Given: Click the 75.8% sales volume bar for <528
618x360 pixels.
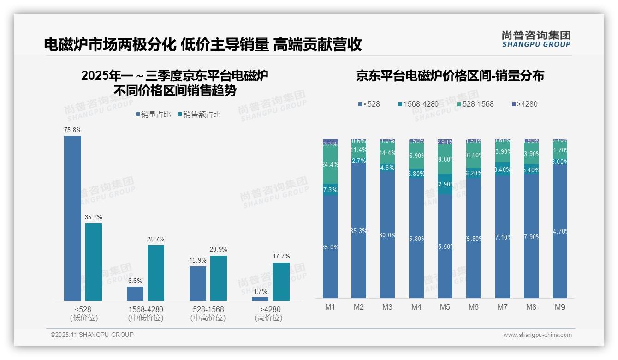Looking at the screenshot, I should click(x=72, y=218).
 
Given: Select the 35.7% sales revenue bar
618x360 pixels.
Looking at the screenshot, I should click(x=93, y=262).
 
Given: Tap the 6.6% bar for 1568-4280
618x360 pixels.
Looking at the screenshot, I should click(x=135, y=294).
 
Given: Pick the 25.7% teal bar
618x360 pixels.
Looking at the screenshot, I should click(x=156, y=273).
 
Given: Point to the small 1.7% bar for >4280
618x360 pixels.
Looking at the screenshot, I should click(x=260, y=299).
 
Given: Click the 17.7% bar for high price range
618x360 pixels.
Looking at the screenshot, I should click(x=281, y=282).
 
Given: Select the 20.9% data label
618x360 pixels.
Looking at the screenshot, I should click(x=218, y=250).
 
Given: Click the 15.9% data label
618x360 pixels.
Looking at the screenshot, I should click(x=197, y=260).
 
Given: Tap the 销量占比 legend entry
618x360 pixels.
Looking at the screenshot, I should click(x=153, y=114).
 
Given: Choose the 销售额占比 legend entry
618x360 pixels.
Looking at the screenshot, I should click(x=199, y=114).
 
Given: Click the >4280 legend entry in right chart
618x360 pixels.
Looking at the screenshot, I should click(x=524, y=104).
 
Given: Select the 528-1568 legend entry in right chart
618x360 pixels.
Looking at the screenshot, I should click(x=475, y=104).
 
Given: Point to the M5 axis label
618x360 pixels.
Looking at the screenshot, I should click(x=445, y=307).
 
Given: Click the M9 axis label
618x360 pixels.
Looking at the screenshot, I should click(x=559, y=307).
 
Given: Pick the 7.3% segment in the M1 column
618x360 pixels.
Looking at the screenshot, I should click(x=330, y=190).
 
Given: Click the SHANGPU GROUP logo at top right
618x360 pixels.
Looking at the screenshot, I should click(x=536, y=39).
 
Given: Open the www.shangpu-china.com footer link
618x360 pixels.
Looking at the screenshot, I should click(x=537, y=335).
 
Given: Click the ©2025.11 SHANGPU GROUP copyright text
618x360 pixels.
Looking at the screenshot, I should click(x=92, y=335).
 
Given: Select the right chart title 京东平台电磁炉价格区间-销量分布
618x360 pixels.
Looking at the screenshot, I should click(x=450, y=76).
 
